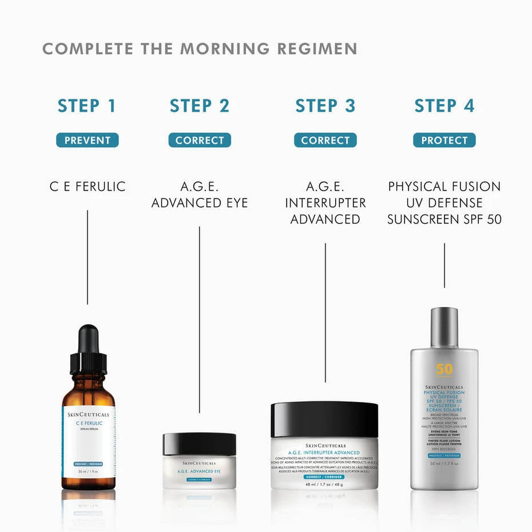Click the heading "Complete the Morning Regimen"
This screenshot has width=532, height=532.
199,48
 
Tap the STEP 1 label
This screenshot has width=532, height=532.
87,106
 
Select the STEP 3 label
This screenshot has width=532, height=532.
325,106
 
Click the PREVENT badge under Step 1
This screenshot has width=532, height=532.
87,141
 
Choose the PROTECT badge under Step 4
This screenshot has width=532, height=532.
444,141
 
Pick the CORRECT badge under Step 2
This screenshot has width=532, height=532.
199,141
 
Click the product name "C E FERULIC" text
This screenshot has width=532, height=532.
87,187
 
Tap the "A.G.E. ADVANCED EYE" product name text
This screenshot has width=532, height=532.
199,195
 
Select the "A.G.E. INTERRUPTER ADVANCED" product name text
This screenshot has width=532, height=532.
325,203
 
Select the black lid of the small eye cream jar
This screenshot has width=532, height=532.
199,444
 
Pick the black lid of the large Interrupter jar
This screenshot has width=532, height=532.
324,419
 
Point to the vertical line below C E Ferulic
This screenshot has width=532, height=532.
87,257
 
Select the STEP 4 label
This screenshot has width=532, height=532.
444,106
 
